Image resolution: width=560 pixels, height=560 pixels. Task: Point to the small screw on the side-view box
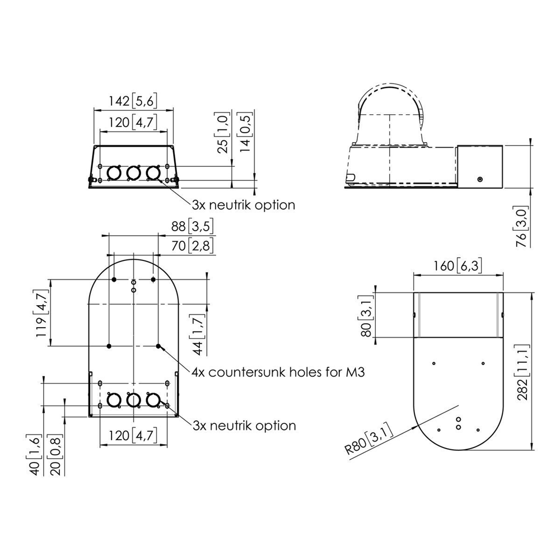click(x=480, y=179)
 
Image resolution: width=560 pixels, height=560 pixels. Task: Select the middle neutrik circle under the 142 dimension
click(x=133, y=173)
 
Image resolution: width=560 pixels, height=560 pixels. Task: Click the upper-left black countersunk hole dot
click(x=114, y=279)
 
